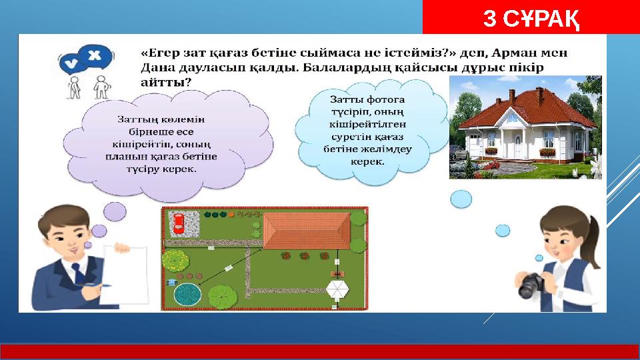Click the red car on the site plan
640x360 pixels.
pyautogui.click(x=179, y=223)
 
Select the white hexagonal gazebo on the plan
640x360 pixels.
pyautogui.click(x=337, y=291)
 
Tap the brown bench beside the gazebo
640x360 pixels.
pyautogui.click(x=337, y=273)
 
